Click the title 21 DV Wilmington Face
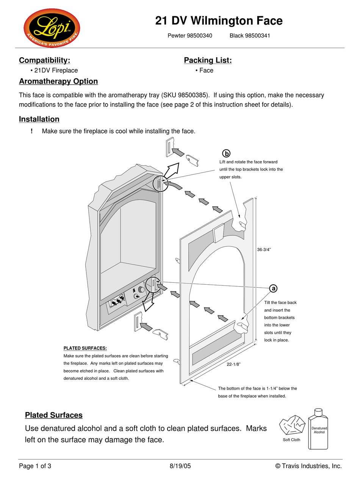click(219, 20)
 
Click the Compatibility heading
click(44, 60)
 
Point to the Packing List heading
click(208, 60)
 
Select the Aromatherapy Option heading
click(58, 81)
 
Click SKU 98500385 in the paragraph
click(191, 95)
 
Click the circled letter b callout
click(226, 153)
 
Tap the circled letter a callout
click(273, 288)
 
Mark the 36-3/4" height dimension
click(264, 249)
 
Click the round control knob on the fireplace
click(141, 290)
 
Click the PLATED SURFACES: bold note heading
click(85, 348)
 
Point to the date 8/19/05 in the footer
click(180, 466)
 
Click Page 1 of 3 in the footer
click(35, 466)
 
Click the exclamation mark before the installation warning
click(32, 131)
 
